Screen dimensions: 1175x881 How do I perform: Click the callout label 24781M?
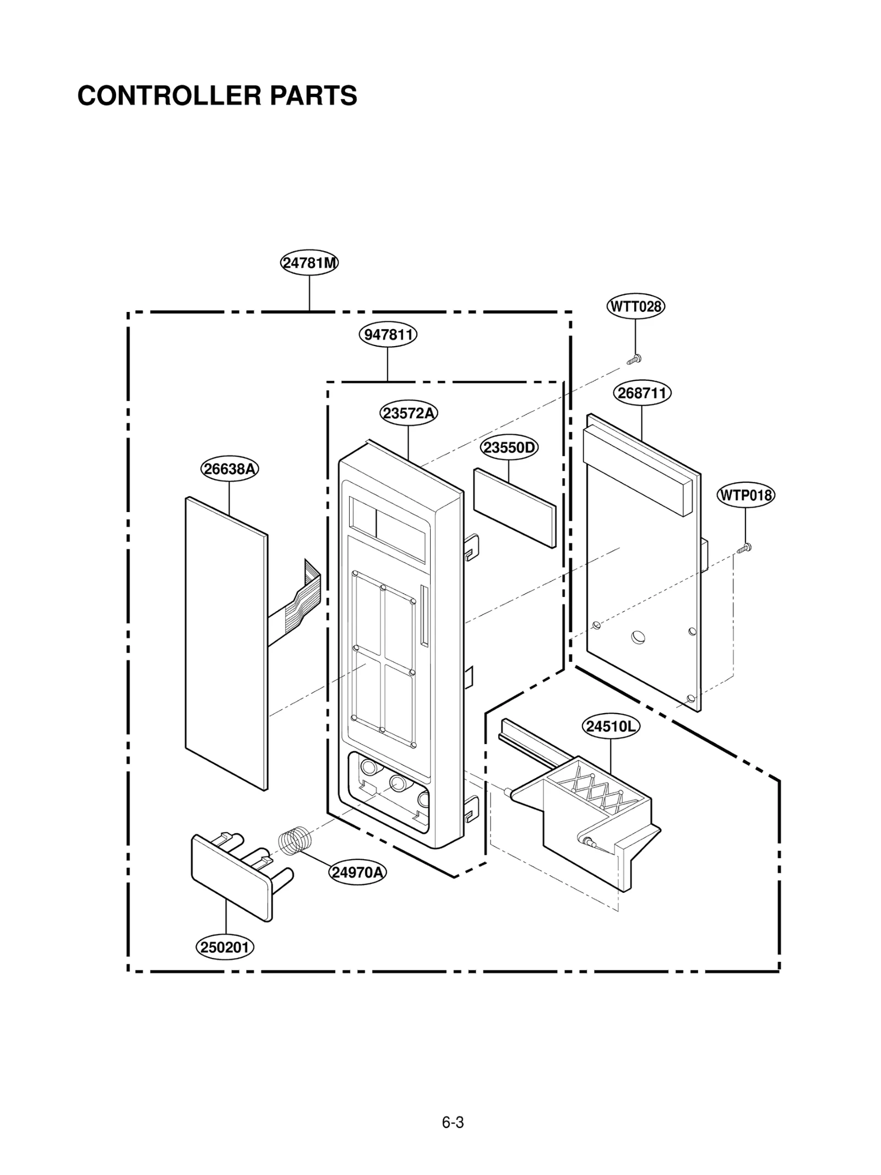309,263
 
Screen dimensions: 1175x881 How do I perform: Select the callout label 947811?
388,335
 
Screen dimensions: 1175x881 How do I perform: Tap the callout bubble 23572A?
409,413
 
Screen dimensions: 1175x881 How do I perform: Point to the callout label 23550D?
509,447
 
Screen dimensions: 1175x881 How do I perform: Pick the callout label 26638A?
229,469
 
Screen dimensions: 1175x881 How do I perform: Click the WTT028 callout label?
635,306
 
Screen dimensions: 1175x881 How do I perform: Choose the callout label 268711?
642,394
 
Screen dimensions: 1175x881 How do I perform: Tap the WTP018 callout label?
746,495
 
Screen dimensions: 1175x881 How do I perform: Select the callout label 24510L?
610,726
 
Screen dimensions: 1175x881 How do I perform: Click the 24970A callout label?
358,872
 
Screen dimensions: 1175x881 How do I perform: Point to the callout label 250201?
225,947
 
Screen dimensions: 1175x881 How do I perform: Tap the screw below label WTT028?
634,360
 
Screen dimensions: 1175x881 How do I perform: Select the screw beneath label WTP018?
745,547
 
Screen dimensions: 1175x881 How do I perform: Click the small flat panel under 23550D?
514,508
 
